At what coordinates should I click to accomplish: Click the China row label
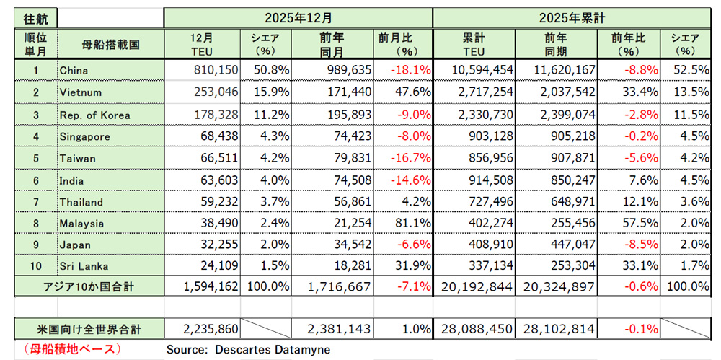76,70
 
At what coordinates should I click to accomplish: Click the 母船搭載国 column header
110,45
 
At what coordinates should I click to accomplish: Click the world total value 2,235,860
209,329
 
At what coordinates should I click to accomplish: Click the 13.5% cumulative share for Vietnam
691,92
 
